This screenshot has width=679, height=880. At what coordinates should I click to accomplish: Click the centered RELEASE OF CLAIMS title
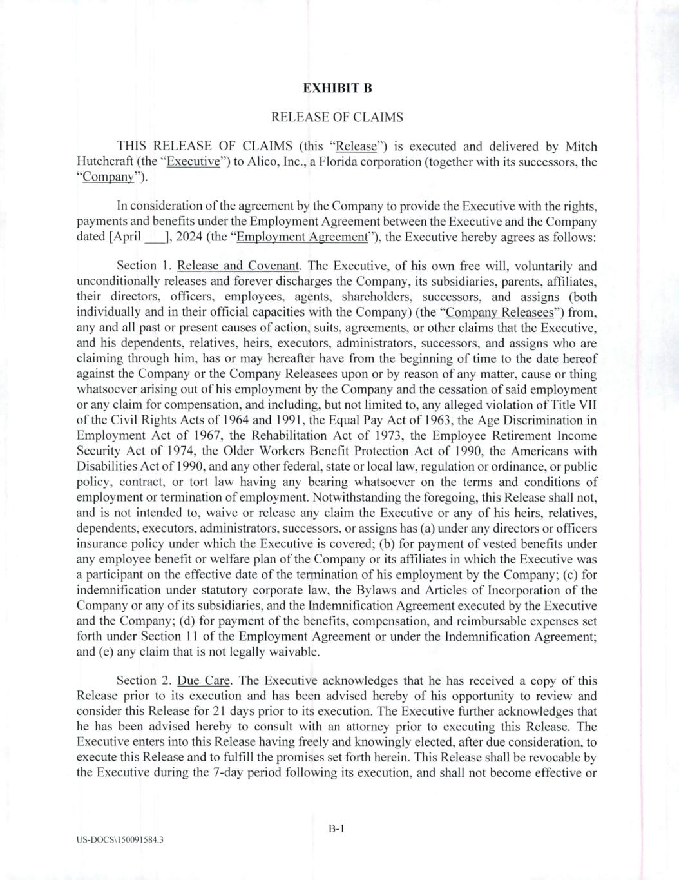pos(337,117)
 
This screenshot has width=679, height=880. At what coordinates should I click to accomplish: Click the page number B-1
pos(337,829)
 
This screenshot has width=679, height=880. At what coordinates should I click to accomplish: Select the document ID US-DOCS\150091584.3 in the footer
pos(119,840)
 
